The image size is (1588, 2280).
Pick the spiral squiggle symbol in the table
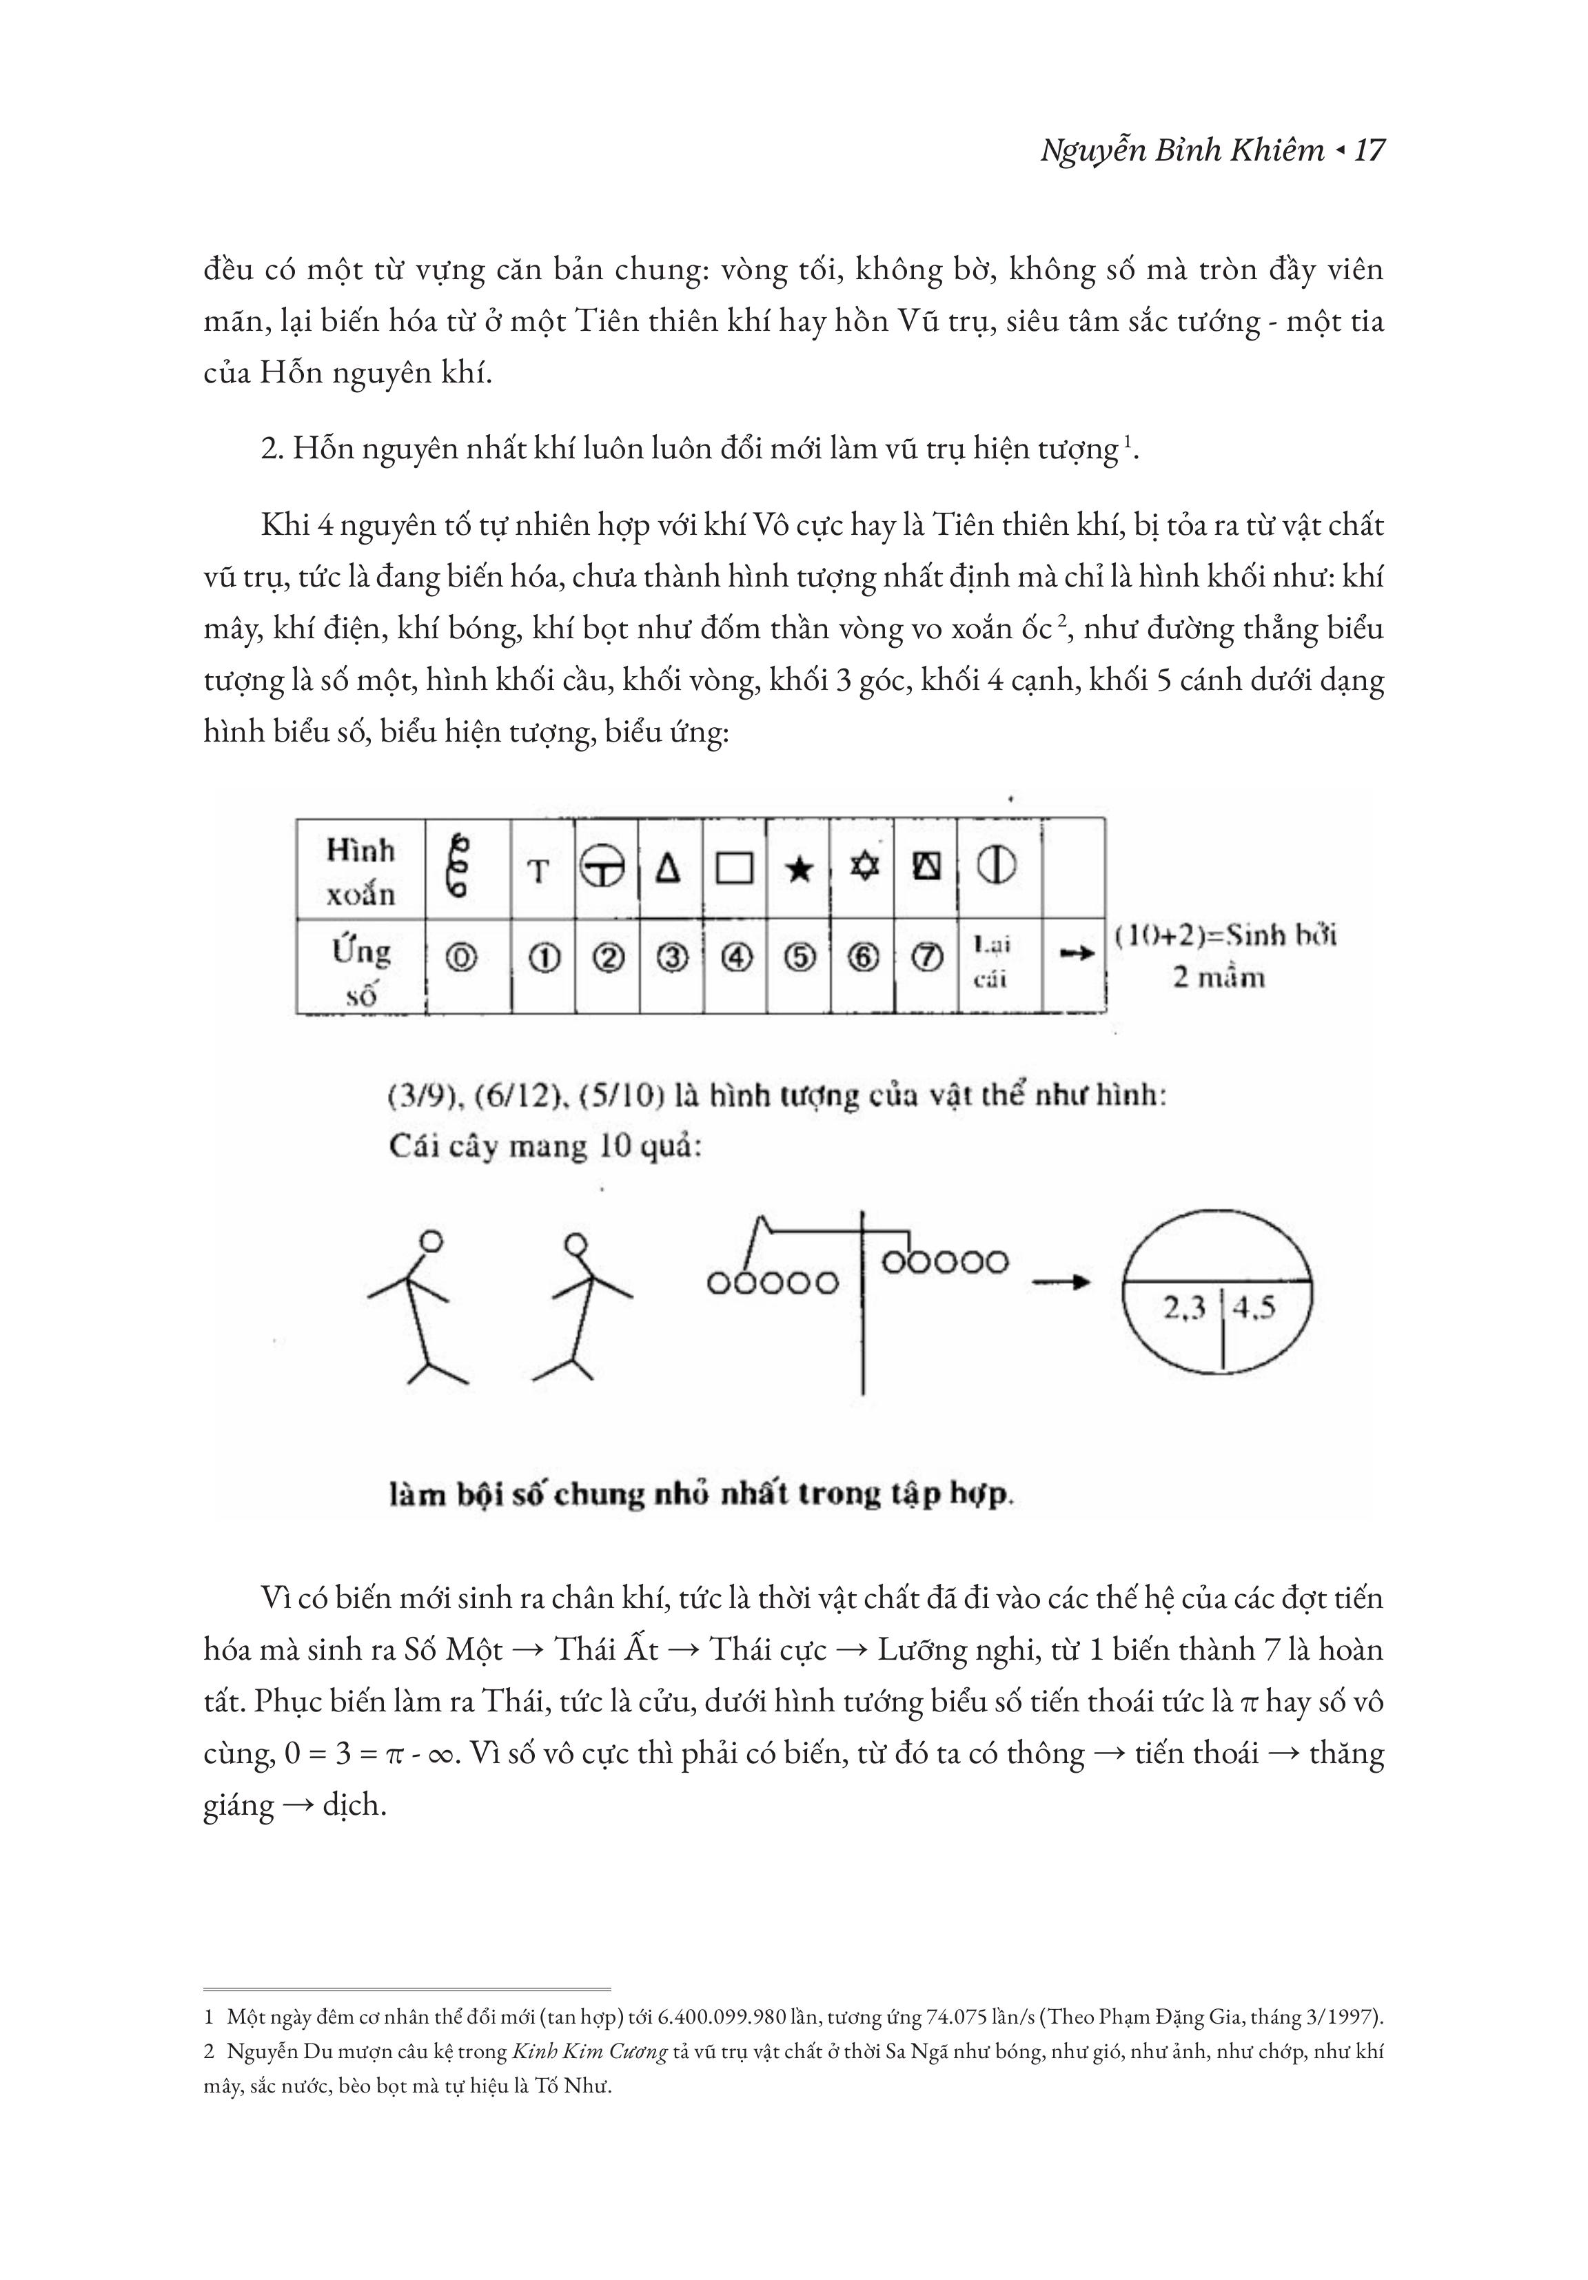460,866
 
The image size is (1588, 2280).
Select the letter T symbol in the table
538,872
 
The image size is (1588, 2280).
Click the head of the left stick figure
430,1241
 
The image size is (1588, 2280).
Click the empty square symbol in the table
734,870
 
